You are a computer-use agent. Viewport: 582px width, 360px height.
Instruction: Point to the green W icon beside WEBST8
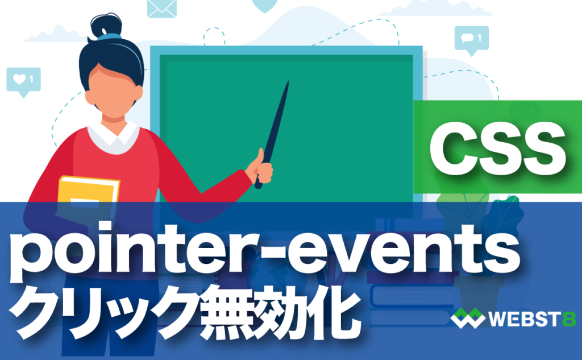pos(468,319)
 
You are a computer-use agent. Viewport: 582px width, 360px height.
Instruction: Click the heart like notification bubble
pos(23,80)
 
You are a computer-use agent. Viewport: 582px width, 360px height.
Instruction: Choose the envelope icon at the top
pos(163,7)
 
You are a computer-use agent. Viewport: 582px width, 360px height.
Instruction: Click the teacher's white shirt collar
pos(113,137)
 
